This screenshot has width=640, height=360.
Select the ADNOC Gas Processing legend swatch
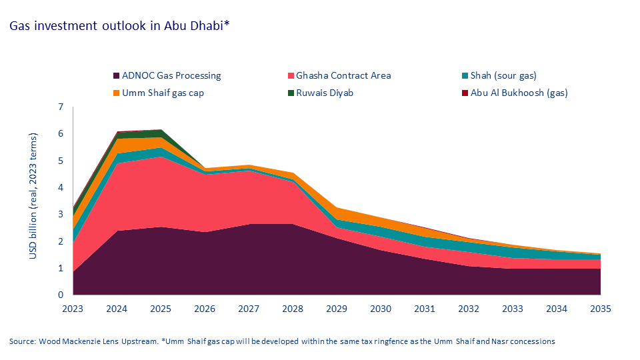tap(117, 75)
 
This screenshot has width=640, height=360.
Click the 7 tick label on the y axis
tap(61, 107)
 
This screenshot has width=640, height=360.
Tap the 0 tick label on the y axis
tap(61, 295)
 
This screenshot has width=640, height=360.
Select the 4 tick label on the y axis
tap(61, 187)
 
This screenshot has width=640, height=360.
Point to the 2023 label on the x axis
tap(73, 309)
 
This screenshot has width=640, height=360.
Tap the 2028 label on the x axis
tap(293, 309)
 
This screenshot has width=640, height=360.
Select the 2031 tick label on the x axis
tap(425, 309)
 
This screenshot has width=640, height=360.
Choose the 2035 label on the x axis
tap(600, 309)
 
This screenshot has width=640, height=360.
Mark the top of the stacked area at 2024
tap(117, 132)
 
